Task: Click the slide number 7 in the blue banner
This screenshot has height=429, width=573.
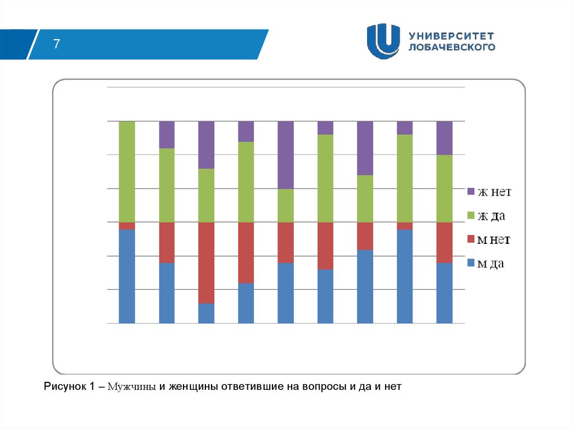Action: click(x=57, y=44)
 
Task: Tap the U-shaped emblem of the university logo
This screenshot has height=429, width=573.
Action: click(x=383, y=41)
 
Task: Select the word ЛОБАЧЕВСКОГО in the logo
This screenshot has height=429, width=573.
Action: click(x=452, y=47)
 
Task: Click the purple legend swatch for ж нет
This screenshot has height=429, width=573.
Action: click(x=471, y=192)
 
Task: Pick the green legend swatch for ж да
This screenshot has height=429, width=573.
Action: click(x=471, y=215)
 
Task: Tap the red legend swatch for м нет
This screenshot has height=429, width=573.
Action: click(x=471, y=239)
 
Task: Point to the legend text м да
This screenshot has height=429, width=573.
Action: click(x=491, y=263)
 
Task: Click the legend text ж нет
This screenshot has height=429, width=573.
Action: click(x=494, y=192)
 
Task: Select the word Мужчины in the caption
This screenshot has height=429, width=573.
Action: click(x=131, y=386)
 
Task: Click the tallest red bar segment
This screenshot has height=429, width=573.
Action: click(x=206, y=263)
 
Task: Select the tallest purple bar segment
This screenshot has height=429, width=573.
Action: click(x=285, y=155)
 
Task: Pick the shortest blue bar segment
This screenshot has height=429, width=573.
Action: click(x=206, y=313)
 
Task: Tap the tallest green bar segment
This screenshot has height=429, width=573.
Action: click(x=127, y=172)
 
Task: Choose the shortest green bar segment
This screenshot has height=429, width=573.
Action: click(x=285, y=206)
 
